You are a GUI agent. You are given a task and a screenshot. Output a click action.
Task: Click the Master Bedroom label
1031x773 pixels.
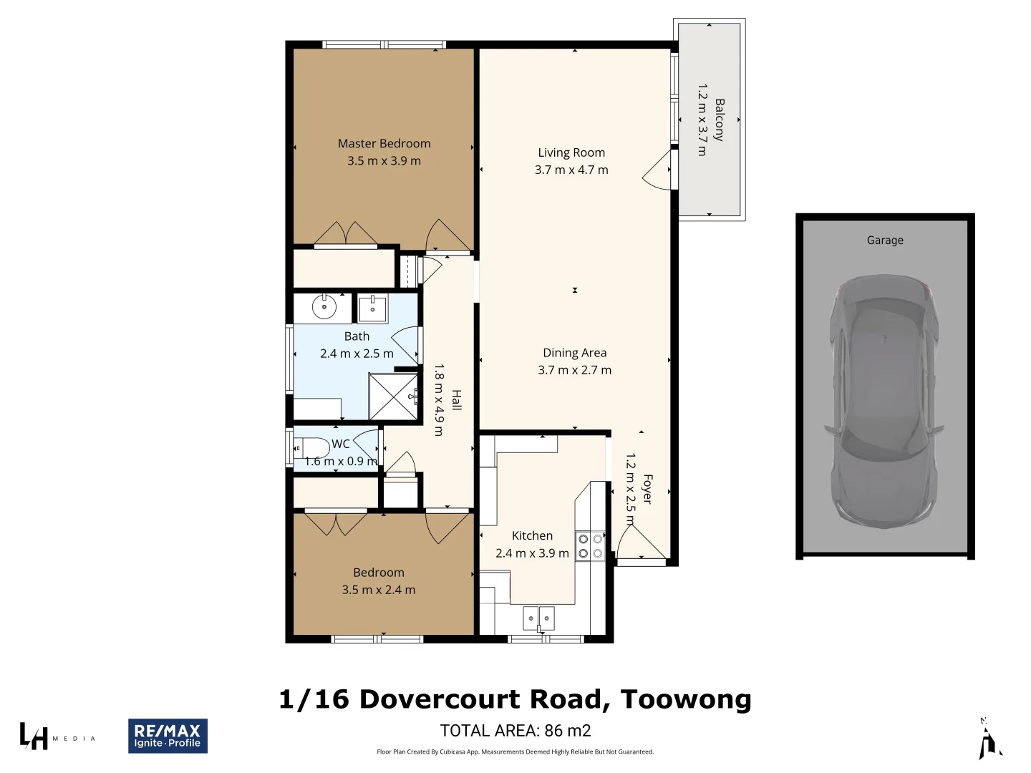384,144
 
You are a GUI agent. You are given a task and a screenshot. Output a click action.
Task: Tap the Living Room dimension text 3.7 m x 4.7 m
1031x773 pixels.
571,170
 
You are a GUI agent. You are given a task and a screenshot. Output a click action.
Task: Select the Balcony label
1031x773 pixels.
719,120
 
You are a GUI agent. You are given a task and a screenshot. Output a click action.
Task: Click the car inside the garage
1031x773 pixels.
885,401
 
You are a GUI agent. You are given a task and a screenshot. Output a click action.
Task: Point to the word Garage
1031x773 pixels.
885,240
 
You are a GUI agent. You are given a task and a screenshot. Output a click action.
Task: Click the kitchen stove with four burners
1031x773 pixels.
591,546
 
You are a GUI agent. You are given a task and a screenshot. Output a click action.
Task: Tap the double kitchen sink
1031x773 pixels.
538,617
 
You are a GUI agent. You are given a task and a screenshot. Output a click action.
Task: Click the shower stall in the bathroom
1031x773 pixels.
393,396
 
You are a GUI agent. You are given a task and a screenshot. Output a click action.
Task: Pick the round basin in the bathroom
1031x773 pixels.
324,307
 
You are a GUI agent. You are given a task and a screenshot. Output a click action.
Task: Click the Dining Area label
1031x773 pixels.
574,353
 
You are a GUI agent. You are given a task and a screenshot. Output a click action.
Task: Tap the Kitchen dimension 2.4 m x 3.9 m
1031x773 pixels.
532,553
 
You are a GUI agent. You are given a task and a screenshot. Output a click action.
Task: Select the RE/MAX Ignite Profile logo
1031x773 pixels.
168,736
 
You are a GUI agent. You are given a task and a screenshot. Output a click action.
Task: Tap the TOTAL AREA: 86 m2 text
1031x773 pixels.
515,731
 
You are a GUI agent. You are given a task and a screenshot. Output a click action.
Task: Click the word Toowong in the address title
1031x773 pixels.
685,699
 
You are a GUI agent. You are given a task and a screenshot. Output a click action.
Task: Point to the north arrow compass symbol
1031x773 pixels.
989,739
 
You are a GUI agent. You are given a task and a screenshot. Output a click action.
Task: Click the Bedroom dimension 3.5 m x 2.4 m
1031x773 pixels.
378,590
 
